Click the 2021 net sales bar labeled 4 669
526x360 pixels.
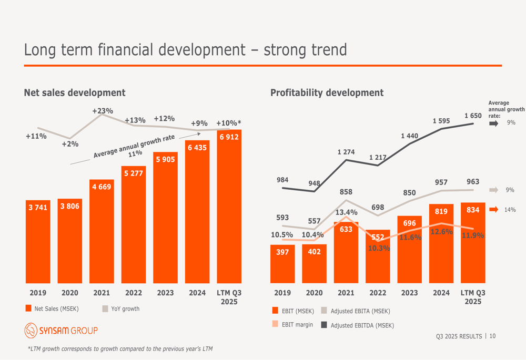(102, 231)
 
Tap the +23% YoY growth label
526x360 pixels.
(103, 111)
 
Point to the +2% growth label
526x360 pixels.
(70, 144)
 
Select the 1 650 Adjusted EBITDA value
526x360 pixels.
(473, 116)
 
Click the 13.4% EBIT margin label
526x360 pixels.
(347, 212)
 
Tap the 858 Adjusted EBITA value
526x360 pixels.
(346, 192)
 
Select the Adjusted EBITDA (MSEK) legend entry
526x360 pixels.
(357, 325)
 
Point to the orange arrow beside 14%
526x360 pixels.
(493, 210)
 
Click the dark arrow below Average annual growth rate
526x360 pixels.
(493, 124)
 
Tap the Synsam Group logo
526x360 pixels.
(61, 331)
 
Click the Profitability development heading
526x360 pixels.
(327, 93)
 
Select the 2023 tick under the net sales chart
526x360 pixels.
(165, 293)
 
